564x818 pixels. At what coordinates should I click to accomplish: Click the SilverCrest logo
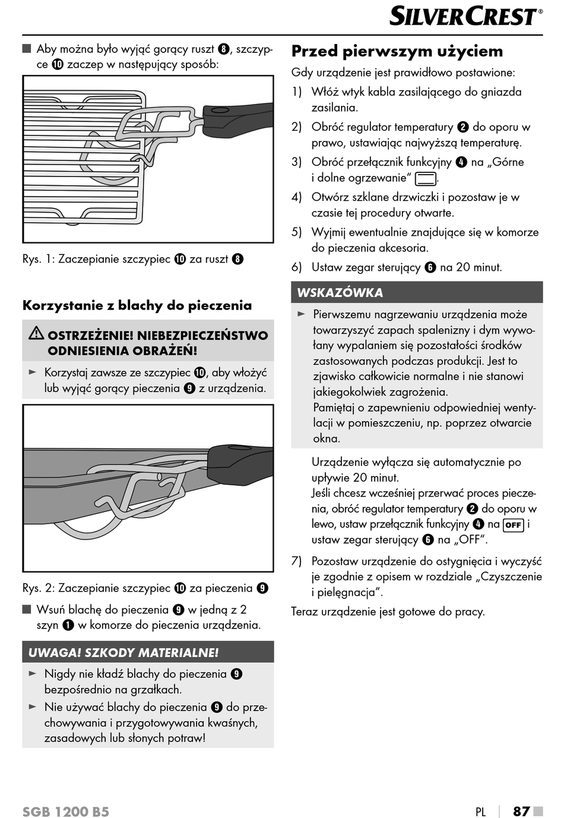click(x=465, y=16)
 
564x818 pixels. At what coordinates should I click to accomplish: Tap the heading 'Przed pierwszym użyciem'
click(x=397, y=51)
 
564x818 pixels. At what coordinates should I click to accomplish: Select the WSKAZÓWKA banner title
click(x=340, y=292)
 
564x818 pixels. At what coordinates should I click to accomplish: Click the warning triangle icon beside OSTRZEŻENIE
click(x=36, y=334)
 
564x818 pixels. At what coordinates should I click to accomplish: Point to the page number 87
click(x=521, y=811)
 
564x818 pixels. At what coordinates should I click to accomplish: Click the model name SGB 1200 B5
click(x=66, y=811)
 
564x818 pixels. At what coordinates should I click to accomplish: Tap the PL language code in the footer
click(x=480, y=811)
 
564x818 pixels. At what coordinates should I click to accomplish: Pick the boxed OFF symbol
click(x=513, y=525)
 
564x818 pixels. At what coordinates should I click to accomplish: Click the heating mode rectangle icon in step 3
click(x=425, y=178)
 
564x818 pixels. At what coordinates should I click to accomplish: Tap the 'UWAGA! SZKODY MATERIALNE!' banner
click(x=123, y=652)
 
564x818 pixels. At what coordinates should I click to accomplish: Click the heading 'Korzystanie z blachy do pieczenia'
click(x=137, y=305)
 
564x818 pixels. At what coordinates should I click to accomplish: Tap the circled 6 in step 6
click(x=430, y=267)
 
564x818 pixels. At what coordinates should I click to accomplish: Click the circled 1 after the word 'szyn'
click(x=68, y=625)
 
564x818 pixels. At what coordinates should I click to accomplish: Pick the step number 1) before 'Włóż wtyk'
click(x=296, y=92)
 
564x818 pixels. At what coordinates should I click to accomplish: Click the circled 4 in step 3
click(x=461, y=162)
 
